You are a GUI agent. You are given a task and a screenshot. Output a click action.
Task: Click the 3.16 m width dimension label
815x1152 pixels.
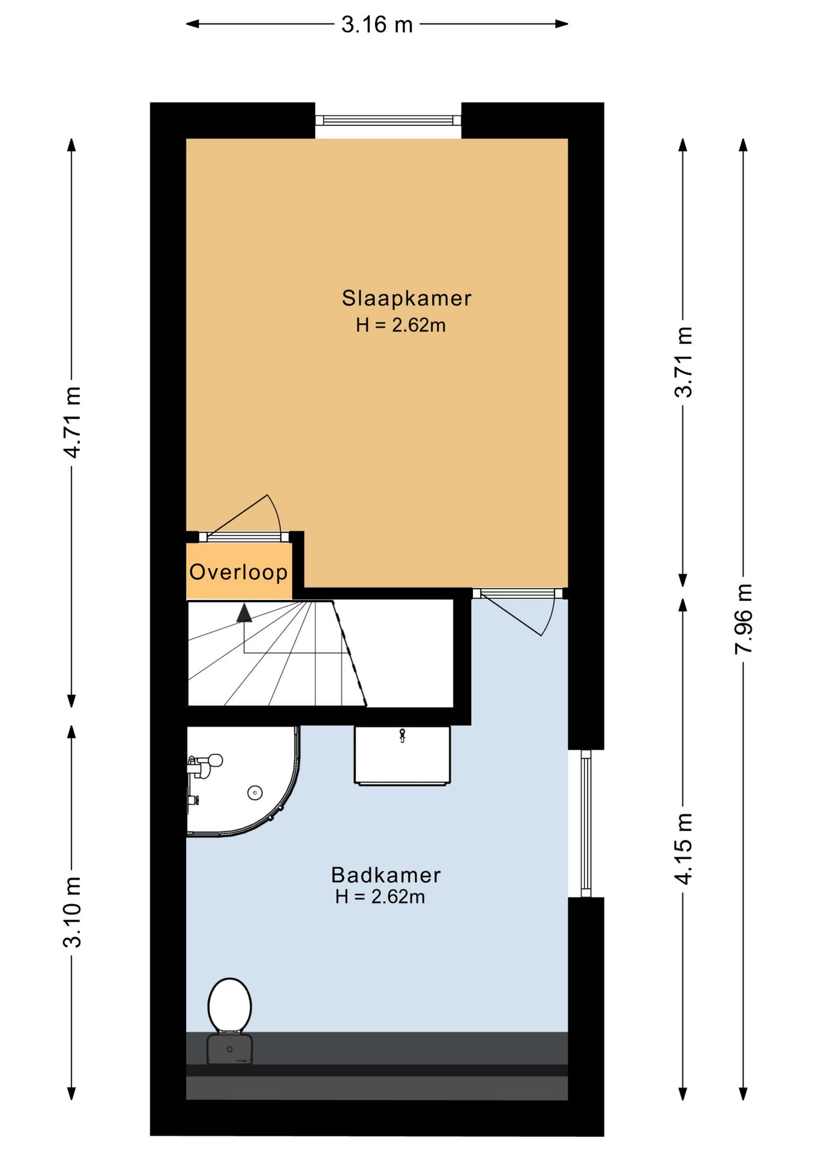(x=377, y=25)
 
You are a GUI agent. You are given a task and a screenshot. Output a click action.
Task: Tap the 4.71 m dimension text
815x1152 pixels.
(x=72, y=422)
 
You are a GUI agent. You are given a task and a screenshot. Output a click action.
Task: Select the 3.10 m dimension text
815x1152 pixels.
(x=72, y=912)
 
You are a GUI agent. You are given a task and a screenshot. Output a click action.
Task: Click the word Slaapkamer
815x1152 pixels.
(x=406, y=298)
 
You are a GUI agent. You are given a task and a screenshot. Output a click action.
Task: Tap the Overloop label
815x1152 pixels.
(x=238, y=572)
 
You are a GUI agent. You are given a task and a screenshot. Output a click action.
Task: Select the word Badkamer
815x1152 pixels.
(x=386, y=875)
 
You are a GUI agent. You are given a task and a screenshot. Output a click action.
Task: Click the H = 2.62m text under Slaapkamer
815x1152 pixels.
(x=400, y=325)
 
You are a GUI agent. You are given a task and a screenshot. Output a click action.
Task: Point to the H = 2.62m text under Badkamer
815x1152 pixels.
(x=380, y=897)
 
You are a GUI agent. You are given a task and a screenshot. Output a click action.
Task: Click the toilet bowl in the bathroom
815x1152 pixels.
(x=230, y=1005)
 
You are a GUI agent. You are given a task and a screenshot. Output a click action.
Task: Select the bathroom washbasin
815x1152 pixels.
(x=402, y=755)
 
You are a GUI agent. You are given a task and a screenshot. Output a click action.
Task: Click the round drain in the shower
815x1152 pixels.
(x=255, y=793)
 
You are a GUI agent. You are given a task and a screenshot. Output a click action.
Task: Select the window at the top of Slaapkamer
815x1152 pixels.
(x=388, y=121)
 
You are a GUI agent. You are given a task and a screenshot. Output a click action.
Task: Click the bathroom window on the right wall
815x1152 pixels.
(x=586, y=823)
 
